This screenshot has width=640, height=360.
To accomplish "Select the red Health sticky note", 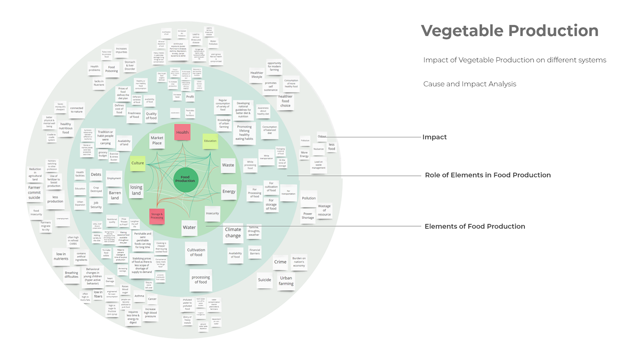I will tap(182, 132).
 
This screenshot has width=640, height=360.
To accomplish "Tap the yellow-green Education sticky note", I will tap(210, 141).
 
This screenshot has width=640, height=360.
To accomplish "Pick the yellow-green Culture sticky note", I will tap(138, 163).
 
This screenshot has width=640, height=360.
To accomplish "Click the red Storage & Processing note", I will tap(157, 216).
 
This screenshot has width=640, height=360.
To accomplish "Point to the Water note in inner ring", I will tap(189, 227).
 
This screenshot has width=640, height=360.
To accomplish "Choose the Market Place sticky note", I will tap(157, 141).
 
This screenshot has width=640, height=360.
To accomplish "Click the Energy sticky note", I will tap(229, 191).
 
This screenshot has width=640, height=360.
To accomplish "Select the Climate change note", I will tap(233, 233).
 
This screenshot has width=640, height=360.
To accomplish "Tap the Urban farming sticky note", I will tap(286, 281).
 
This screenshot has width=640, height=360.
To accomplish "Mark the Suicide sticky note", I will tap(264, 280).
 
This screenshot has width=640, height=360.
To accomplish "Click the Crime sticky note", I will tap(280, 262).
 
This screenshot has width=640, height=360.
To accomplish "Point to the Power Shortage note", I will tap(308, 216).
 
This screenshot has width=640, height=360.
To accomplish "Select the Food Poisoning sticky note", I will tap(112, 69).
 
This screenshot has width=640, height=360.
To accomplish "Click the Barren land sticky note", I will tap(115, 195).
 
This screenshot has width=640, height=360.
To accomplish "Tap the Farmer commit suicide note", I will tap(34, 192).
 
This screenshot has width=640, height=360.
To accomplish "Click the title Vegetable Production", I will tap(510, 31).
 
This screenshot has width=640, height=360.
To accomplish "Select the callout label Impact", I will tap(434, 137).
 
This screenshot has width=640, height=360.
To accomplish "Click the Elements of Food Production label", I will tap(475, 226).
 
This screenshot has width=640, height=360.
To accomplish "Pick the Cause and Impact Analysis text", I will tap(469, 84).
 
